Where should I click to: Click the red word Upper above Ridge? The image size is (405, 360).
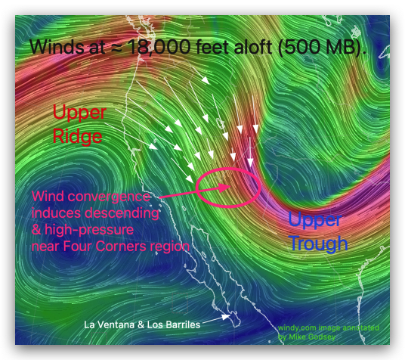tap(79, 113)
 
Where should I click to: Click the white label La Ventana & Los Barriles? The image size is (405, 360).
tap(142, 325)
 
